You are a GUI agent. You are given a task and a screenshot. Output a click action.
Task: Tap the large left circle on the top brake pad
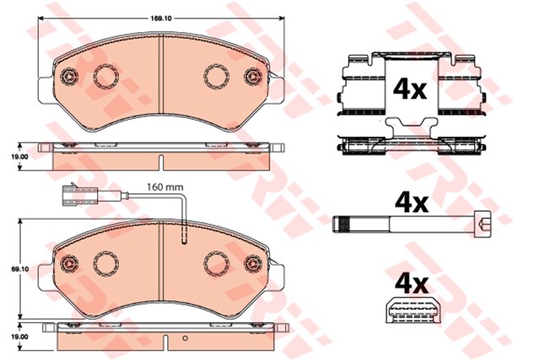(105, 76)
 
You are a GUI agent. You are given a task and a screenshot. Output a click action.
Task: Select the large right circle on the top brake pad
(217, 76)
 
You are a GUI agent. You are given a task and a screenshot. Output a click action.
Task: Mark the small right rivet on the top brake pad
(251, 78)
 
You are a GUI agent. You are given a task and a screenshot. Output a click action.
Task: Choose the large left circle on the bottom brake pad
(105, 264)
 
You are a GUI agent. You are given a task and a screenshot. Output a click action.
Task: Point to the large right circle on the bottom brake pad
(217, 264)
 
